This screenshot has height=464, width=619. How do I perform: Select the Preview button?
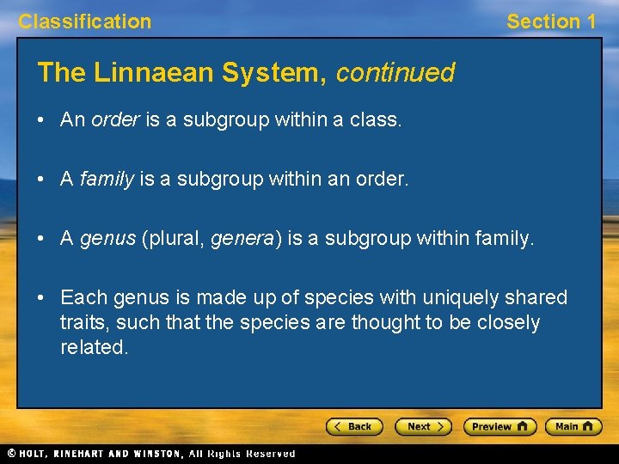[499, 426]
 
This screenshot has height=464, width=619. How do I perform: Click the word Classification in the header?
[84, 21]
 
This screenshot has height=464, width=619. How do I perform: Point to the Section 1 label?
[550, 21]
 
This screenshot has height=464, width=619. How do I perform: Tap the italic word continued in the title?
[395, 73]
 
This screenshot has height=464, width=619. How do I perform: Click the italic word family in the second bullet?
[107, 179]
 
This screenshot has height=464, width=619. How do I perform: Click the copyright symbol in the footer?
[11, 453]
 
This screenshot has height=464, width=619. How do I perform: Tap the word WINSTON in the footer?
[156, 453]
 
